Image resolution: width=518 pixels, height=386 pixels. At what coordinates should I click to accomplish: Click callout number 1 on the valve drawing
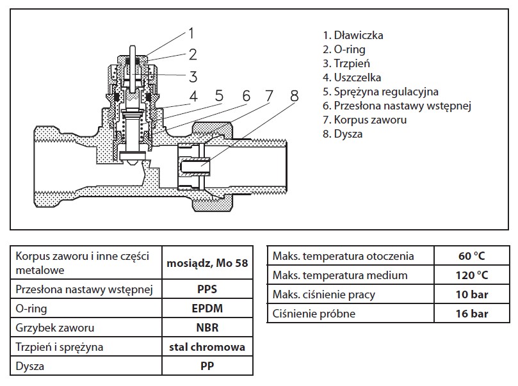pyautogui.click(x=191, y=32)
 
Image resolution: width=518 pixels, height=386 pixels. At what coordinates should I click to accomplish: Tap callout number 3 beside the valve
pyautogui.click(x=192, y=77)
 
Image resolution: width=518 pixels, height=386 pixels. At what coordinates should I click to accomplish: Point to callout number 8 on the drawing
pyautogui.click(x=294, y=96)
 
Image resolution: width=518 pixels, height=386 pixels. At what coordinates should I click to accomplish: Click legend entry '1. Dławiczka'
pyautogui.click(x=353, y=35)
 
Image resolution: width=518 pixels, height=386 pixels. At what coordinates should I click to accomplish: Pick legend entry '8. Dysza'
pyautogui.click(x=343, y=134)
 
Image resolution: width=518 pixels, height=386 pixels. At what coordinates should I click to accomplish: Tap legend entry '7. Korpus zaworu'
pyautogui.click(x=364, y=120)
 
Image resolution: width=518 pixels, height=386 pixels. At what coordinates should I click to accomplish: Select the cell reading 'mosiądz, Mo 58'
pyautogui.click(x=206, y=262)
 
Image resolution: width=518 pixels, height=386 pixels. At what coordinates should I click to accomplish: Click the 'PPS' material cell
pyautogui.click(x=206, y=288)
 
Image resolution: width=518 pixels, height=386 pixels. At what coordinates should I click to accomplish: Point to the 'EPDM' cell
pyautogui.click(x=206, y=308)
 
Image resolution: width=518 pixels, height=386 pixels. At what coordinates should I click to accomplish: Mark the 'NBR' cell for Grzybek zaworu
pyautogui.click(x=206, y=328)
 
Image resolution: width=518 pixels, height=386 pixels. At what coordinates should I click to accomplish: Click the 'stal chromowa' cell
pyautogui.click(x=206, y=348)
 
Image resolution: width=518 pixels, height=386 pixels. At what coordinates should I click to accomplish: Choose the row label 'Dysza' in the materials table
pyautogui.click(x=29, y=367)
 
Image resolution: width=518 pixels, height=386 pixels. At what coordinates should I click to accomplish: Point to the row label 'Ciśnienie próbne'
pyautogui.click(x=314, y=314)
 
